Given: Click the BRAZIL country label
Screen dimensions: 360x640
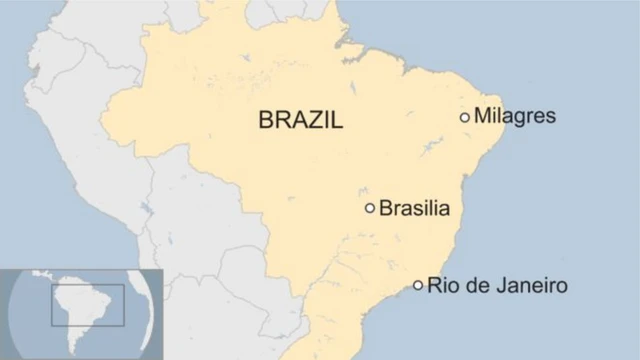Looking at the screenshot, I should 300,121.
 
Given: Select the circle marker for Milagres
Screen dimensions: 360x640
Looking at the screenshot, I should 465,117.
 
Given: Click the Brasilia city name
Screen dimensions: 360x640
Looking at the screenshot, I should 414,208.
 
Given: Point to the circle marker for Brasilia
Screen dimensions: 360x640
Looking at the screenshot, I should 370,208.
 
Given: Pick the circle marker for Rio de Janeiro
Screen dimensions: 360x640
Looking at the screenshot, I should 418,285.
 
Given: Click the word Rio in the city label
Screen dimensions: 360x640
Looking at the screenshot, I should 442,285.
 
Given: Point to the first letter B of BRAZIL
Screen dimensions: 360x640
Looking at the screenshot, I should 266,121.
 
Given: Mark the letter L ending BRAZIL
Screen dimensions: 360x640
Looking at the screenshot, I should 336,121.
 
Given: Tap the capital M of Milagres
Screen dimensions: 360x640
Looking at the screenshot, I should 482,116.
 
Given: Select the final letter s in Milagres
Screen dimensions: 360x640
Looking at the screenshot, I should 550,117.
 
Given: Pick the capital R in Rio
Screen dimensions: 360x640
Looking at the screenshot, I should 434,285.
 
